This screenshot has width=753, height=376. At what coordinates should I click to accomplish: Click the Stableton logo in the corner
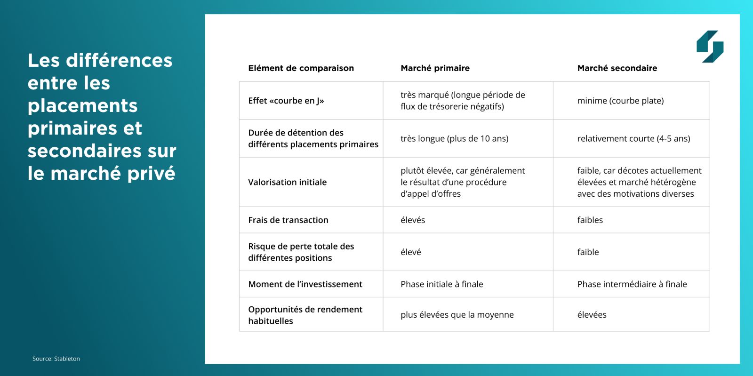click(710, 46)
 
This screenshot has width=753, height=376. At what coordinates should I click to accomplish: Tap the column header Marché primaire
click(435, 68)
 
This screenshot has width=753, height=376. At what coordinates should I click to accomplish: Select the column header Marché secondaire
click(617, 68)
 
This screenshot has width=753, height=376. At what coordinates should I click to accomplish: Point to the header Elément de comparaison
click(301, 68)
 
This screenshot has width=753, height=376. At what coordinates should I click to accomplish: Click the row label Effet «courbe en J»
click(286, 101)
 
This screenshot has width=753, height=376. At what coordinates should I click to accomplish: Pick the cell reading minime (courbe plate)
click(620, 101)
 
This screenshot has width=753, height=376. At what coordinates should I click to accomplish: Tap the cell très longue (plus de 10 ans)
click(454, 139)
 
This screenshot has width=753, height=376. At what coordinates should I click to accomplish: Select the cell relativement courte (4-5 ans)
click(633, 139)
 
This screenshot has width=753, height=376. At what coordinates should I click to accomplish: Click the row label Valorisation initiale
click(287, 182)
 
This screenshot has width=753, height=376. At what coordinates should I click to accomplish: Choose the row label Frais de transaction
click(288, 220)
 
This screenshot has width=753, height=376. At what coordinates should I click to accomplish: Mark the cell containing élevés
click(413, 220)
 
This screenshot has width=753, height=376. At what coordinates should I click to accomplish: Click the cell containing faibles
click(590, 220)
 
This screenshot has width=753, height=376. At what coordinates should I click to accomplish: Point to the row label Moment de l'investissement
click(305, 284)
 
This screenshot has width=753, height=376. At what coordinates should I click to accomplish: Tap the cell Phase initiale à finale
click(441, 284)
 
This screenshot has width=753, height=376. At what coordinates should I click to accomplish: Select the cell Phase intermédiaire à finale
click(632, 284)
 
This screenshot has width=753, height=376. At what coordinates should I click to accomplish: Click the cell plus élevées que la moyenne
click(457, 315)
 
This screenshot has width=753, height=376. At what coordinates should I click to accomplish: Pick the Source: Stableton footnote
click(56, 359)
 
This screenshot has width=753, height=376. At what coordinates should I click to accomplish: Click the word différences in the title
click(119, 61)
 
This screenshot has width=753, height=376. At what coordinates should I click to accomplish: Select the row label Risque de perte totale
click(301, 252)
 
